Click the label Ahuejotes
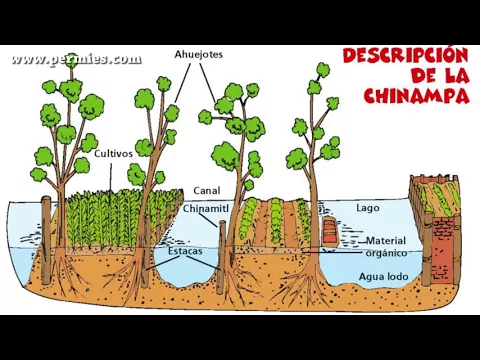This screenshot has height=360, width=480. coord(197,53)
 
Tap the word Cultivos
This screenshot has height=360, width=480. coord(113,154)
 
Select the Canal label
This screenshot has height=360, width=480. coord(206,190)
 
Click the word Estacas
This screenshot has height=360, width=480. coord(184,251)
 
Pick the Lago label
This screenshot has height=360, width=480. coord(367,208)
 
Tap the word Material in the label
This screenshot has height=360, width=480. coord(386,241)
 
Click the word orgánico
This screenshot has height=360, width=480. coord(386,253)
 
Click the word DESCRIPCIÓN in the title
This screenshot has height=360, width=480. coord(406,55)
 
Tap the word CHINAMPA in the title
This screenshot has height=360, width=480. coord(417,96)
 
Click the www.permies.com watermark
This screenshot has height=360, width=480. coord(76,59)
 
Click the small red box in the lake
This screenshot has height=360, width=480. coord(328,231)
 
